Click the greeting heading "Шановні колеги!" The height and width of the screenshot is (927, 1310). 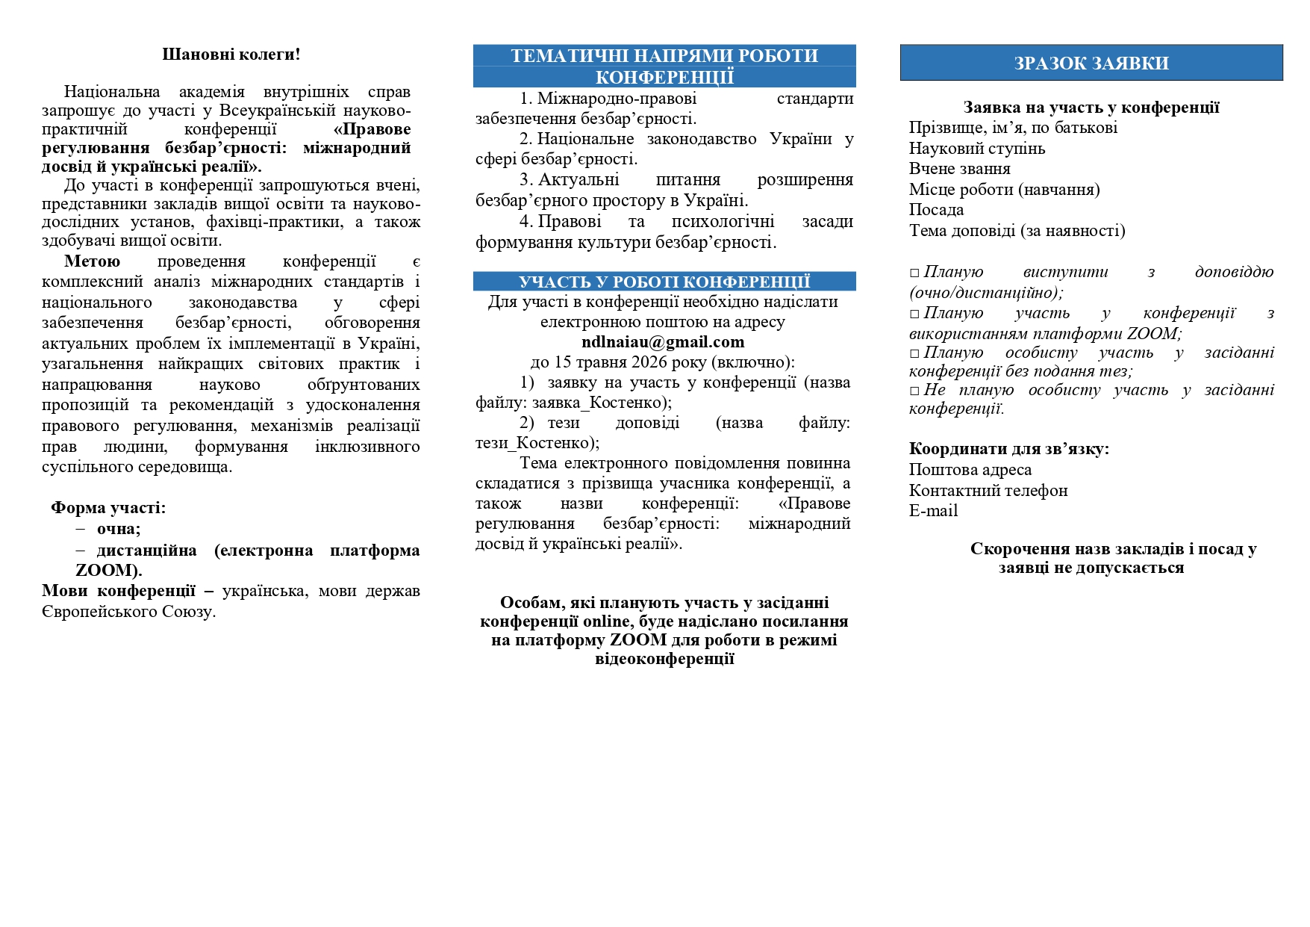(231, 55)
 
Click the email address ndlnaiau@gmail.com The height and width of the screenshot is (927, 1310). (663, 342)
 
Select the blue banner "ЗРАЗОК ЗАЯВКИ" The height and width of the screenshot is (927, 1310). (1091, 63)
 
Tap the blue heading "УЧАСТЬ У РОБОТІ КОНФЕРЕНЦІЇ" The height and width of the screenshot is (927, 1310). (664, 282)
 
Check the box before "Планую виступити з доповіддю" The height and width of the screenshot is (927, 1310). (914, 273)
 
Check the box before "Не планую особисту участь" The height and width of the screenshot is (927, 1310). (914, 391)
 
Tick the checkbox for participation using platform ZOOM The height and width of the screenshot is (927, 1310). (914, 314)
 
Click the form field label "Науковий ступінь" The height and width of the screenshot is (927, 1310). (976, 149)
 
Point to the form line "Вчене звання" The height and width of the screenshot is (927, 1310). (959, 169)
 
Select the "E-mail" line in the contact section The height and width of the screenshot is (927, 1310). (933, 511)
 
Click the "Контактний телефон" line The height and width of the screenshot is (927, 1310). (988, 491)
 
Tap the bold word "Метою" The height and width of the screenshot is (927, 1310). (92, 261)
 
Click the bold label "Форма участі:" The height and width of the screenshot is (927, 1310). (108, 508)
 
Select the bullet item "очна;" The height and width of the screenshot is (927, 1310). (119, 529)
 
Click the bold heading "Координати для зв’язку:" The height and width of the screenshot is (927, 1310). (1008, 449)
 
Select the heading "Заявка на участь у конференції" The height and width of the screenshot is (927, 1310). (1091, 108)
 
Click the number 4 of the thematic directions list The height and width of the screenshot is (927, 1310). (525, 222)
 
